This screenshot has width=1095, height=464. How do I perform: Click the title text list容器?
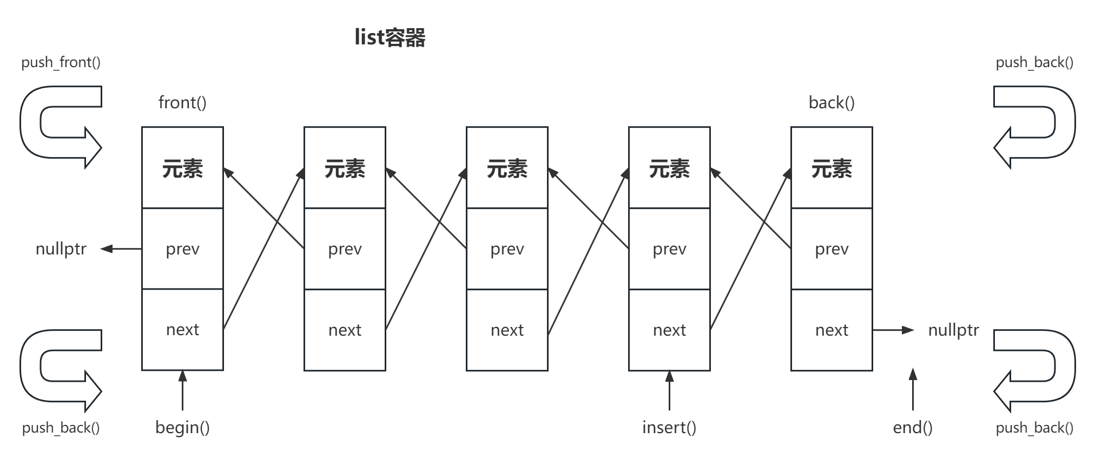click(390, 38)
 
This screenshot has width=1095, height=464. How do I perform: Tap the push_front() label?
click(61, 62)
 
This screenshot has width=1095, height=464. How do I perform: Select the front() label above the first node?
click(182, 102)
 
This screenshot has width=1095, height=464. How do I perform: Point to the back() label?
click(832, 102)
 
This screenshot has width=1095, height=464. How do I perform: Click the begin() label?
click(182, 427)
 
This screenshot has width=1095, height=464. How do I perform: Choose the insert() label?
click(669, 427)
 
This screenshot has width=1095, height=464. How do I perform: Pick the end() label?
click(913, 427)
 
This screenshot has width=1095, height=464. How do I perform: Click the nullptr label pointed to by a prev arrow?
click(61, 249)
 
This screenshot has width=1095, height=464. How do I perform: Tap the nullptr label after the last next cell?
click(953, 330)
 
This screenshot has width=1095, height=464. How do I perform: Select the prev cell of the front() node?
click(182, 249)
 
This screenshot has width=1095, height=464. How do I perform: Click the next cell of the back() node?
click(832, 330)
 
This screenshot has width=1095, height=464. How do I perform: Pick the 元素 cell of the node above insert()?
click(669, 169)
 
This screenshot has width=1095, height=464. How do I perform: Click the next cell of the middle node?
click(507, 330)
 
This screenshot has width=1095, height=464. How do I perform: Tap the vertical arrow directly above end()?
click(913, 390)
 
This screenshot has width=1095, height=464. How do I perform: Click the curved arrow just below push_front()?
click(60, 127)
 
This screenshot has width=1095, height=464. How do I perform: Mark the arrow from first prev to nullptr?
click(122, 249)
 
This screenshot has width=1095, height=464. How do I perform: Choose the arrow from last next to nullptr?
click(893, 330)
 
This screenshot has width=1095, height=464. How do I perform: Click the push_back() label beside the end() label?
click(1034, 428)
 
